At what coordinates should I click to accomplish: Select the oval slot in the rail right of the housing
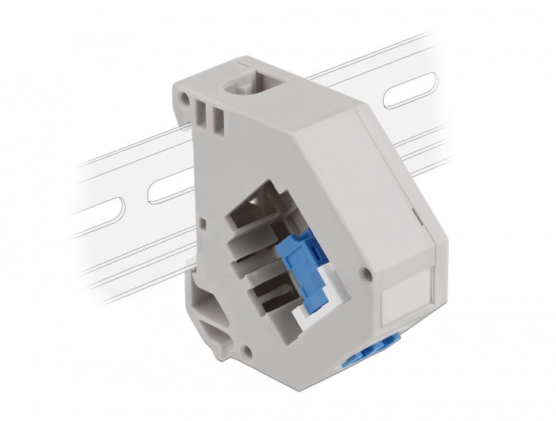(409, 91)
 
